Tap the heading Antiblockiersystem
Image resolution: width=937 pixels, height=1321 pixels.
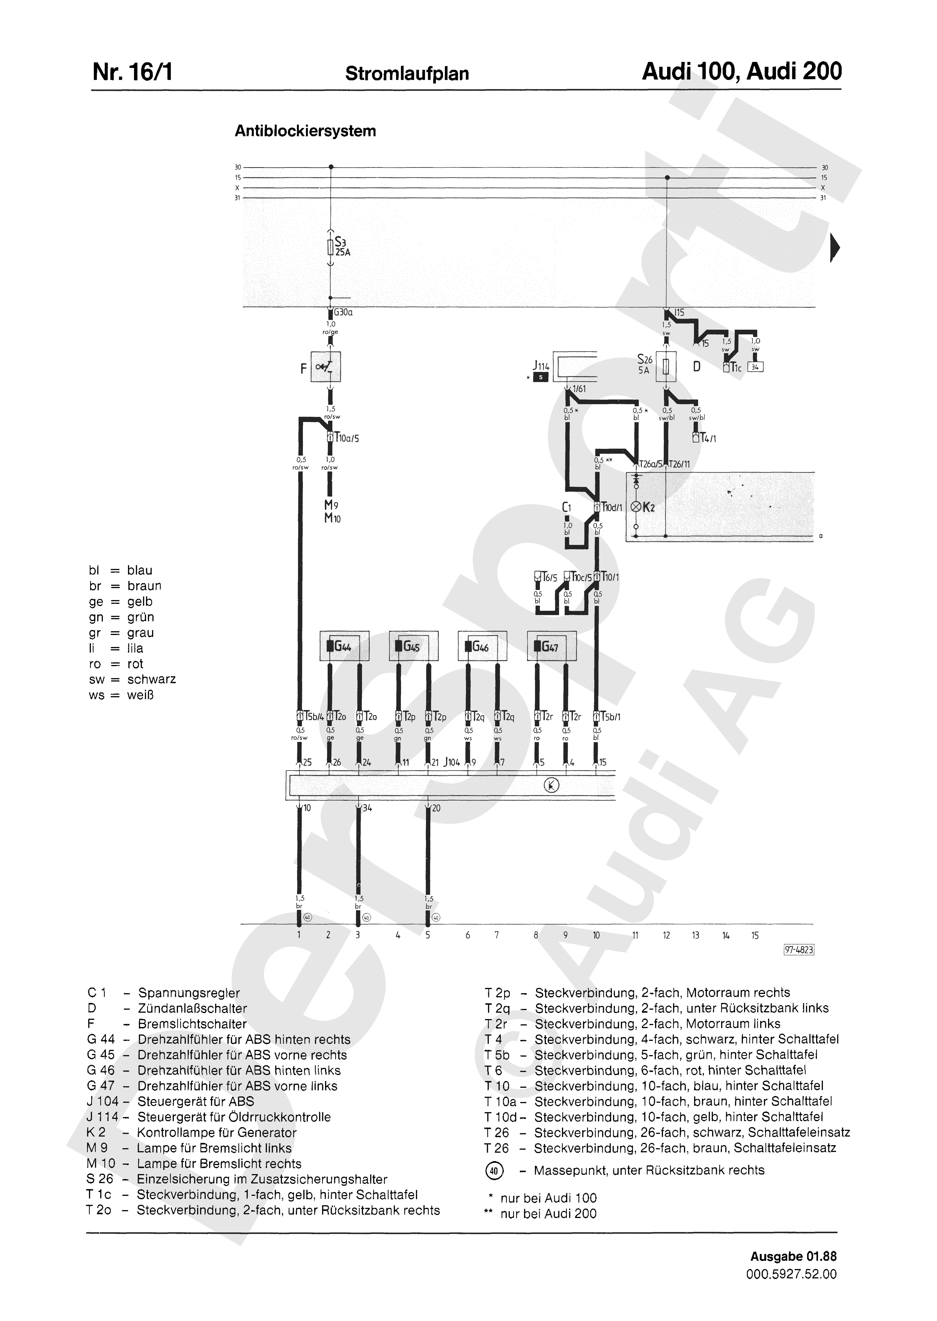coord(305,131)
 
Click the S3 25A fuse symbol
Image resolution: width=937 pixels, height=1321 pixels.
coord(330,247)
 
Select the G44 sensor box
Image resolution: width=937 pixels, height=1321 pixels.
coord(344,646)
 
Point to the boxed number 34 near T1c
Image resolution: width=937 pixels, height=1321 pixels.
coord(755,367)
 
